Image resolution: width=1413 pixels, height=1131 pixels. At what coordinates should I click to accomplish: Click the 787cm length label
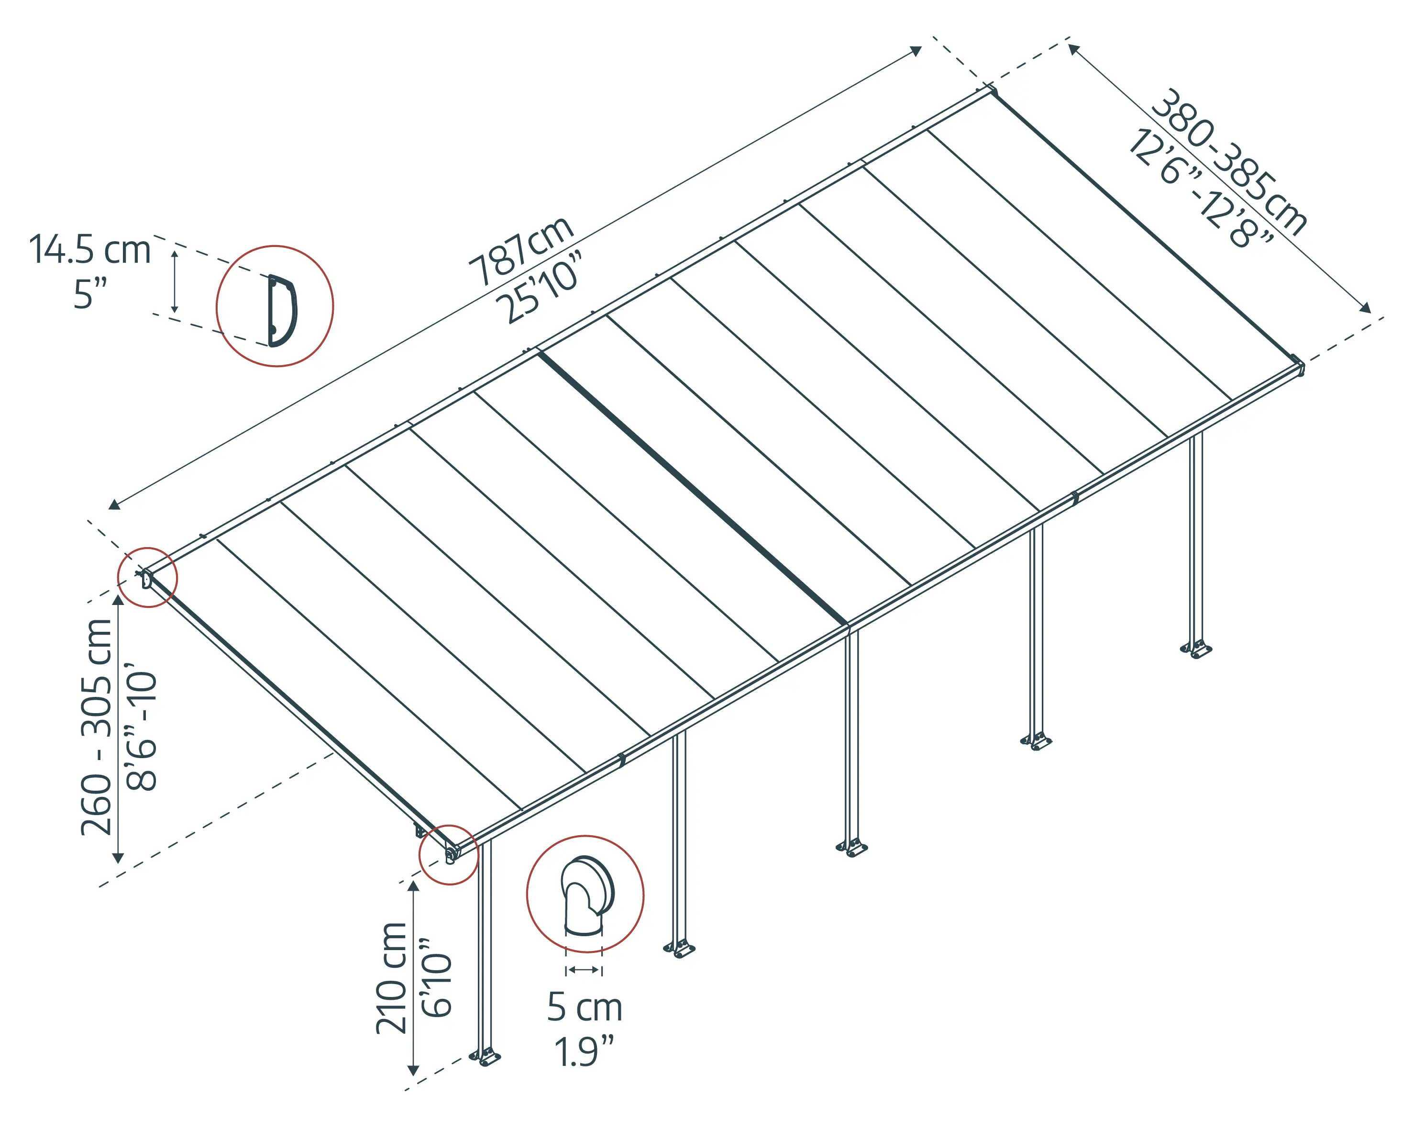point(521,251)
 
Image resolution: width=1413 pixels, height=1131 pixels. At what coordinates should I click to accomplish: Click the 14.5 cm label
point(90,250)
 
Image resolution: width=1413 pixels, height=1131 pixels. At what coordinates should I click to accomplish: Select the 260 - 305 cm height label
point(96,727)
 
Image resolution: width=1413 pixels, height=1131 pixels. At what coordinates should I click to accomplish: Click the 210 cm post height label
point(391,978)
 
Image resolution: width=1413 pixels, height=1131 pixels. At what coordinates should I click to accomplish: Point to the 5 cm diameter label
point(584,1007)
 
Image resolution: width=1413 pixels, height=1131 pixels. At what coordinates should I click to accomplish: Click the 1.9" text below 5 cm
point(584,1052)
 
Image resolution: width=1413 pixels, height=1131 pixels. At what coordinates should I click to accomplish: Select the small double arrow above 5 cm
point(583,970)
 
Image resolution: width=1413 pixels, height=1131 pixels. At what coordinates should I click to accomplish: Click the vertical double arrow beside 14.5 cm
point(174,281)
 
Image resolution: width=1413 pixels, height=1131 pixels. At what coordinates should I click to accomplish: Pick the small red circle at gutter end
point(449,854)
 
